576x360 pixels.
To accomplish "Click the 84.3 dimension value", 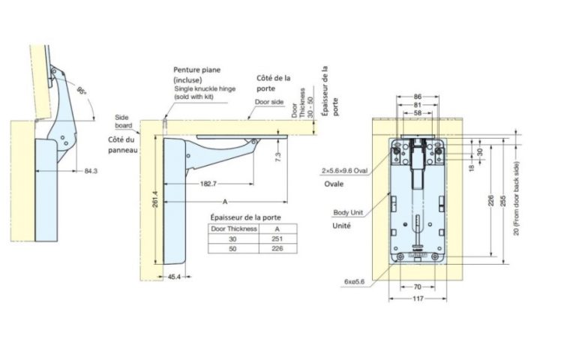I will (91, 172).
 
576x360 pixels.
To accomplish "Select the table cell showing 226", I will (277, 248).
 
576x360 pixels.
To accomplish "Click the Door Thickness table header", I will (234, 228).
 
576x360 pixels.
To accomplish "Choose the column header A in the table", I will (277, 228).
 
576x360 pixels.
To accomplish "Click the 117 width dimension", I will (418, 298).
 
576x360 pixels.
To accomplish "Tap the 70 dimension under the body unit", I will (418, 286).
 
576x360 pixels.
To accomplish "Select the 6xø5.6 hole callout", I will (354, 281).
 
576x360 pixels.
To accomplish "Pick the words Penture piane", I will (194, 70).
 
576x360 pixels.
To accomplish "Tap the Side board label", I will (122, 121).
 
